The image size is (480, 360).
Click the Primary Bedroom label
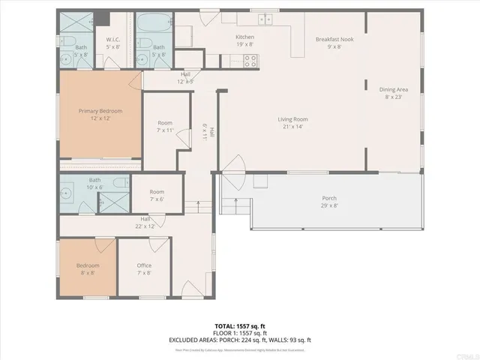click(x=100, y=111)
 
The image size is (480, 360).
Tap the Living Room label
click(x=293, y=119)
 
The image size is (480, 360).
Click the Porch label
click(x=329, y=199)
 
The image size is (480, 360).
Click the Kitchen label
click(x=245, y=37)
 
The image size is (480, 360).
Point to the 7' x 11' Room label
click(x=165, y=123)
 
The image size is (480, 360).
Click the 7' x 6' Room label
click(x=157, y=192)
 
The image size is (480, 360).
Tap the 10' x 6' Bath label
click(x=95, y=180)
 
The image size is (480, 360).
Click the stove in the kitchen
click(x=249, y=61)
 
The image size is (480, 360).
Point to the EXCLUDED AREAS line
click(x=239, y=340)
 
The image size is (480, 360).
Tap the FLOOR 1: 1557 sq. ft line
click(x=239, y=334)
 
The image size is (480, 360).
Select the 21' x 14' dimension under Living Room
click(x=293, y=127)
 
